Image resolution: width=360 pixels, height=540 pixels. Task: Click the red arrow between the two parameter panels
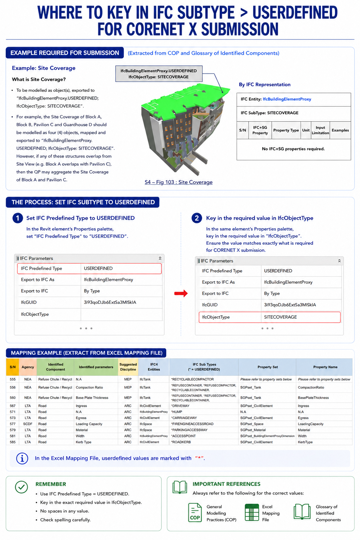pyautogui.click(x=181, y=293)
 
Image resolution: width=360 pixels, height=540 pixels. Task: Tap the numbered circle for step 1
pyautogui.click(x=18, y=218)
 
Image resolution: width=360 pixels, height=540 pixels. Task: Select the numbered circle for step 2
pyautogui.click(x=197, y=218)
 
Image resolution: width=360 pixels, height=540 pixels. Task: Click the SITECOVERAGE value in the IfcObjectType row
pyautogui.click(x=280, y=317)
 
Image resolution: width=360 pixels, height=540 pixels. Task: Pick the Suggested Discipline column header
pyautogui.click(x=128, y=367)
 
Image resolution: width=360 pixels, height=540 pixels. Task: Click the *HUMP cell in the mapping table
pyautogui.click(x=176, y=412)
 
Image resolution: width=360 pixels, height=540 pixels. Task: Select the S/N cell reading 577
pyautogui.click(x=13, y=424)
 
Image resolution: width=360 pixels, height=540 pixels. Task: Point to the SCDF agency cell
pyautogui.click(x=28, y=424)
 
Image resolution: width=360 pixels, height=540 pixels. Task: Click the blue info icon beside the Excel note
pyautogui.click(x=22, y=458)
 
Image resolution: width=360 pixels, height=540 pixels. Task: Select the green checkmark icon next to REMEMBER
pyautogui.click(x=21, y=487)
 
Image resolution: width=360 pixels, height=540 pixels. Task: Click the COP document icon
pyautogui.click(x=195, y=512)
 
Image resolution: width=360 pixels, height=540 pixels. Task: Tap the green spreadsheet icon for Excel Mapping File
pyautogui.click(x=252, y=512)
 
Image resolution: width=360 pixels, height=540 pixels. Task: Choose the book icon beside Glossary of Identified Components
pyautogui.click(x=302, y=512)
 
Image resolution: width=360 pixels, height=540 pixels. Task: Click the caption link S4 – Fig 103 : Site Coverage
pyautogui.click(x=179, y=182)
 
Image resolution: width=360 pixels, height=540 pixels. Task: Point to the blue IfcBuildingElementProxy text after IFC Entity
pyautogui.click(x=287, y=99)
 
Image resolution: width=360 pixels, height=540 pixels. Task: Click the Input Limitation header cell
pyautogui.click(x=320, y=130)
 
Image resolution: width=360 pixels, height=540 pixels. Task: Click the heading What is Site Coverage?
pyautogui.click(x=39, y=79)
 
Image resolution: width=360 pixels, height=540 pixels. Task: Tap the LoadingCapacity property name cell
pyautogui.click(x=310, y=424)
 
